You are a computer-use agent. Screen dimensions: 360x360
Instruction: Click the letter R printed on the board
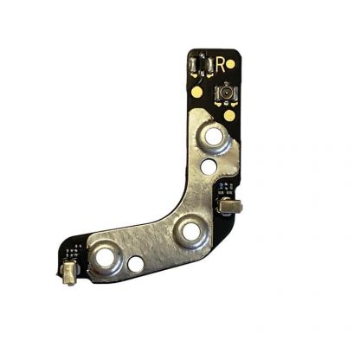click(x=220, y=65)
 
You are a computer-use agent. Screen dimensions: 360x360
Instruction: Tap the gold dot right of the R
click(x=231, y=64)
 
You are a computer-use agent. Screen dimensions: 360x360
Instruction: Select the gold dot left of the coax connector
click(x=196, y=92)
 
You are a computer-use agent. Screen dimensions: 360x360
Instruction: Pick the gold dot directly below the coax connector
click(x=229, y=115)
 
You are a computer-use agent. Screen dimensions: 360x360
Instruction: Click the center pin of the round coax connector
click(x=226, y=93)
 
